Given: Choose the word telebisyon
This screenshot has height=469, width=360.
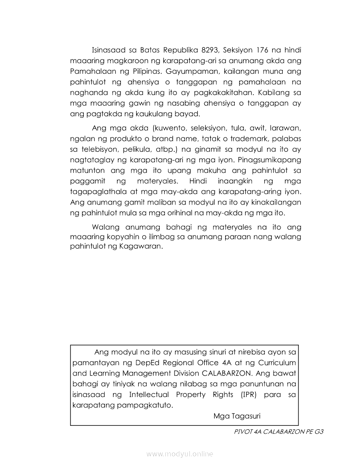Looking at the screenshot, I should tap(97, 150).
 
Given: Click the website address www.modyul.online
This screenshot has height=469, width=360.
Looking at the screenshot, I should tap(180, 454).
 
